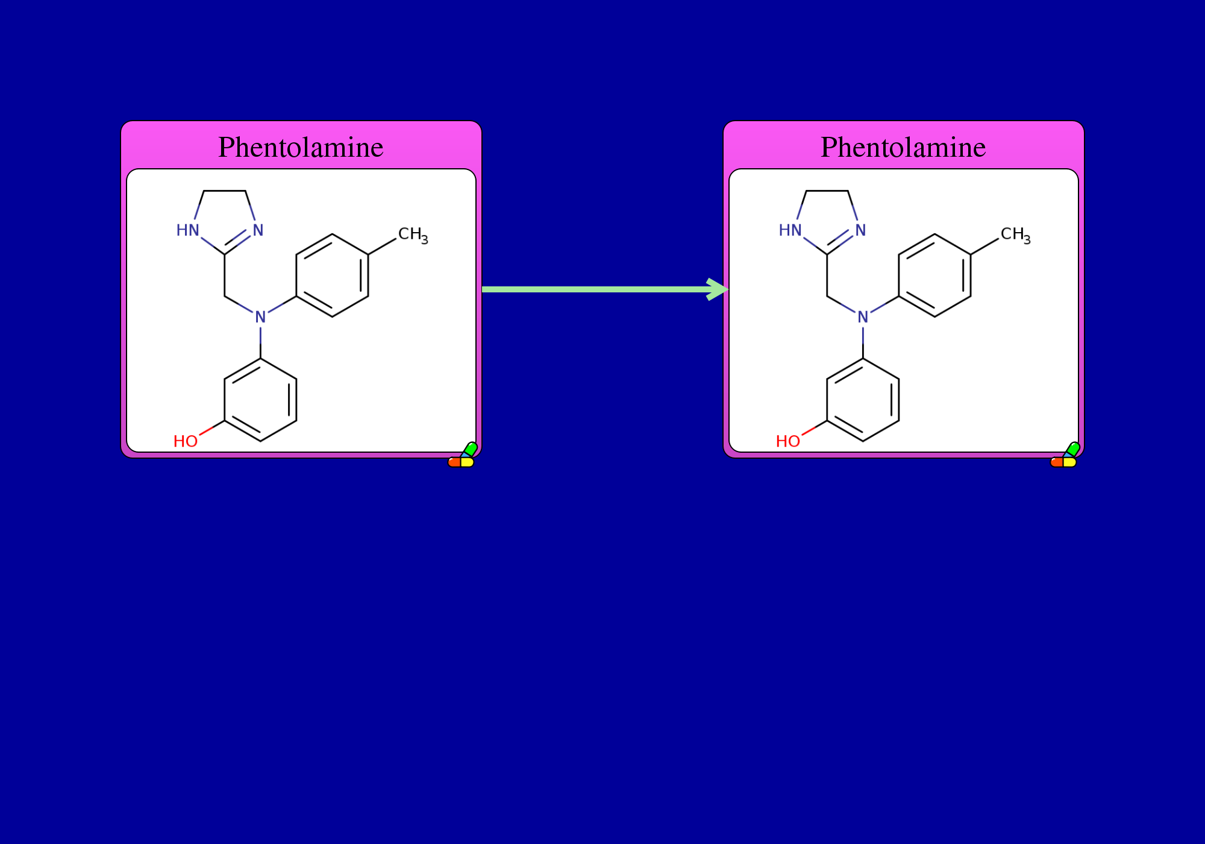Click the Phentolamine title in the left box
click(x=301, y=147)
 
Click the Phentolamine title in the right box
click(x=903, y=147)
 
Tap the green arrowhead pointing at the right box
click(x=718, y=289)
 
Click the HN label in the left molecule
click(x=187, y=230)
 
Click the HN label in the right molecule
click(x=790, y=230)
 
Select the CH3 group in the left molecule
click(x=413, y=235)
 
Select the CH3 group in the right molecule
click(x=1016, y=235)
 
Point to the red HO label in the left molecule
click(x=186, y=441)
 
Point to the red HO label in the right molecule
click(x=788, y=441)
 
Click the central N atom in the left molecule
click(x=260, y=317)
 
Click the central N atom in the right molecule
click(x=863, y=317)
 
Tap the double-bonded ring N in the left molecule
click(x=258, y=230)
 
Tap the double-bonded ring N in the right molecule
click(x=860, y=230)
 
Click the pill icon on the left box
click(x=463, y=455)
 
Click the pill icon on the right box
click(x=1065, y=455)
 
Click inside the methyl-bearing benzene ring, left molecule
click(x=332, y=276)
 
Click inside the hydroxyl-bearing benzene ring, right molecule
click(x=863, y=400)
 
